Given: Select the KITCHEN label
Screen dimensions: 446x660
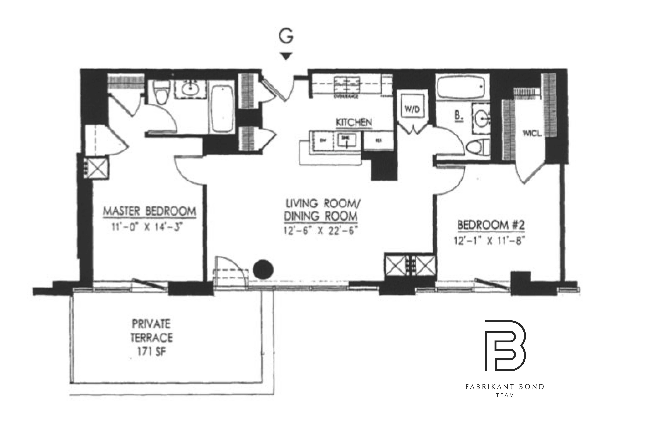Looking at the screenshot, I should point(354,122).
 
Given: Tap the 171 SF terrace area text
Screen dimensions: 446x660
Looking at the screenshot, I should point(151,352).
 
